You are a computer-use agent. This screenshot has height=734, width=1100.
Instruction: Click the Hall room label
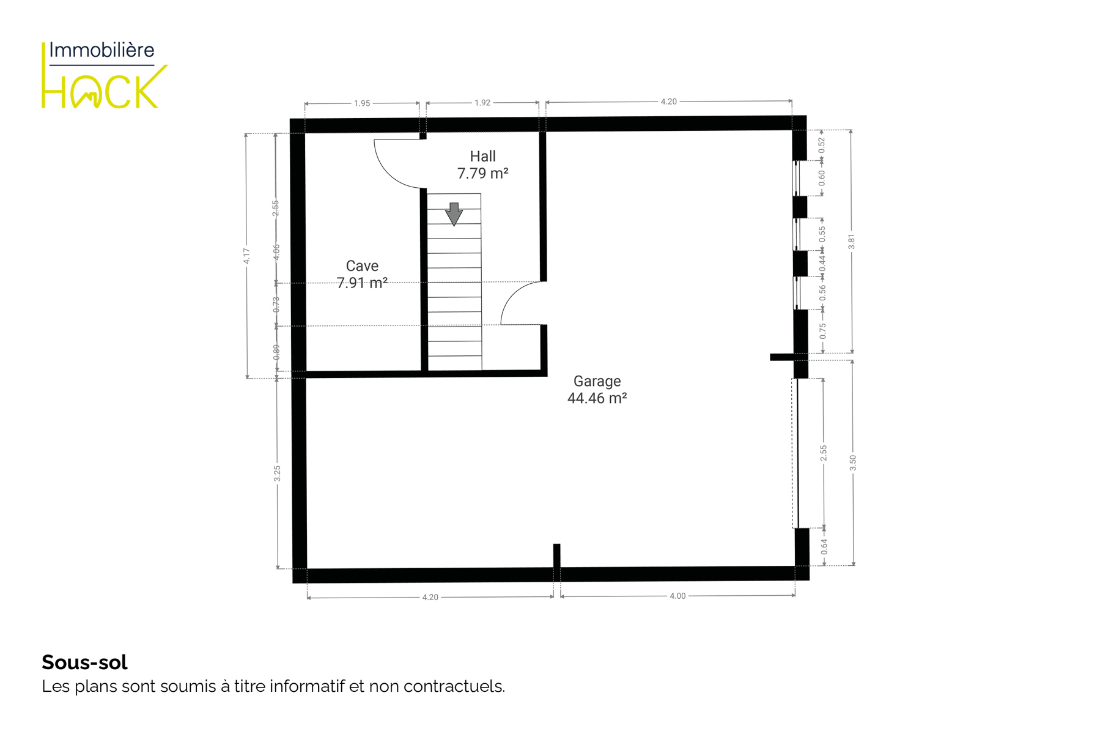coord(482,157)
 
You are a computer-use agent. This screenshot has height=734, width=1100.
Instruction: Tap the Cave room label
coord(362,266)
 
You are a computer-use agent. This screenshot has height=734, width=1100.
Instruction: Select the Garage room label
coord(597,381)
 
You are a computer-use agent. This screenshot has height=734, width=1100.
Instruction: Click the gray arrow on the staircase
coord(454,214)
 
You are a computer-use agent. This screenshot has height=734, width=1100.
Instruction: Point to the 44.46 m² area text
coord(597,398)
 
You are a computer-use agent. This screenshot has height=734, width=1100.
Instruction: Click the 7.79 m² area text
coord(482,174)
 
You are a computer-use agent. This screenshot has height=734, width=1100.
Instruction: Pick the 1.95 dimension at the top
coord(362,103)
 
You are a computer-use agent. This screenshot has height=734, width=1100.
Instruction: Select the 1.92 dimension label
coord(482,103)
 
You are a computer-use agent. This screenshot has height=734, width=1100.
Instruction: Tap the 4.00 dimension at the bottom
coord(677,596)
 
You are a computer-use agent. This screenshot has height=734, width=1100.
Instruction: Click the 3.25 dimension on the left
coord(277,473)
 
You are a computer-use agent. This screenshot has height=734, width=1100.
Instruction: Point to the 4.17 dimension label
coord(246,256)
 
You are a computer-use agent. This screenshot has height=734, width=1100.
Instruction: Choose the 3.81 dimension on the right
coord(851,242)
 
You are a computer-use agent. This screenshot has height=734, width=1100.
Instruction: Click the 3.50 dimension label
coord(853,463)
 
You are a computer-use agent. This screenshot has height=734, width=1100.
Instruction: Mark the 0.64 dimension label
coord(824,547)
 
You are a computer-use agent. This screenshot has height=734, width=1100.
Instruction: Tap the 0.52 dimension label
coord(822,145)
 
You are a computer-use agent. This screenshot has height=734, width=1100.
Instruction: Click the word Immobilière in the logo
coord(102,50)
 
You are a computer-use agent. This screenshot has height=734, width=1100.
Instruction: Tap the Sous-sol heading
coord(84,662)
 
